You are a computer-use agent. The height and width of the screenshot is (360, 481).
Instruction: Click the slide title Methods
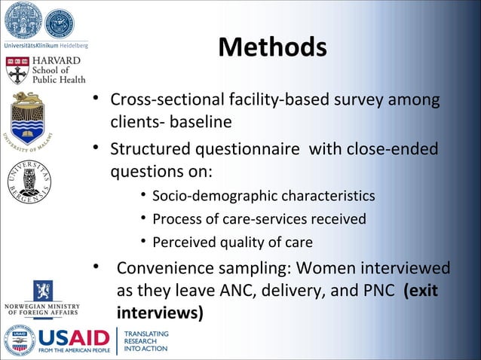272,47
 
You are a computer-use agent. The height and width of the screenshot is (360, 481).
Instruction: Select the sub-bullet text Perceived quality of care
232,242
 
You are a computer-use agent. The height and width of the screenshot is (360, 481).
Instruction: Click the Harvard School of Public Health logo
46,69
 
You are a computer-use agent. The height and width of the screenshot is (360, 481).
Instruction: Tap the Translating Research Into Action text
146,341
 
